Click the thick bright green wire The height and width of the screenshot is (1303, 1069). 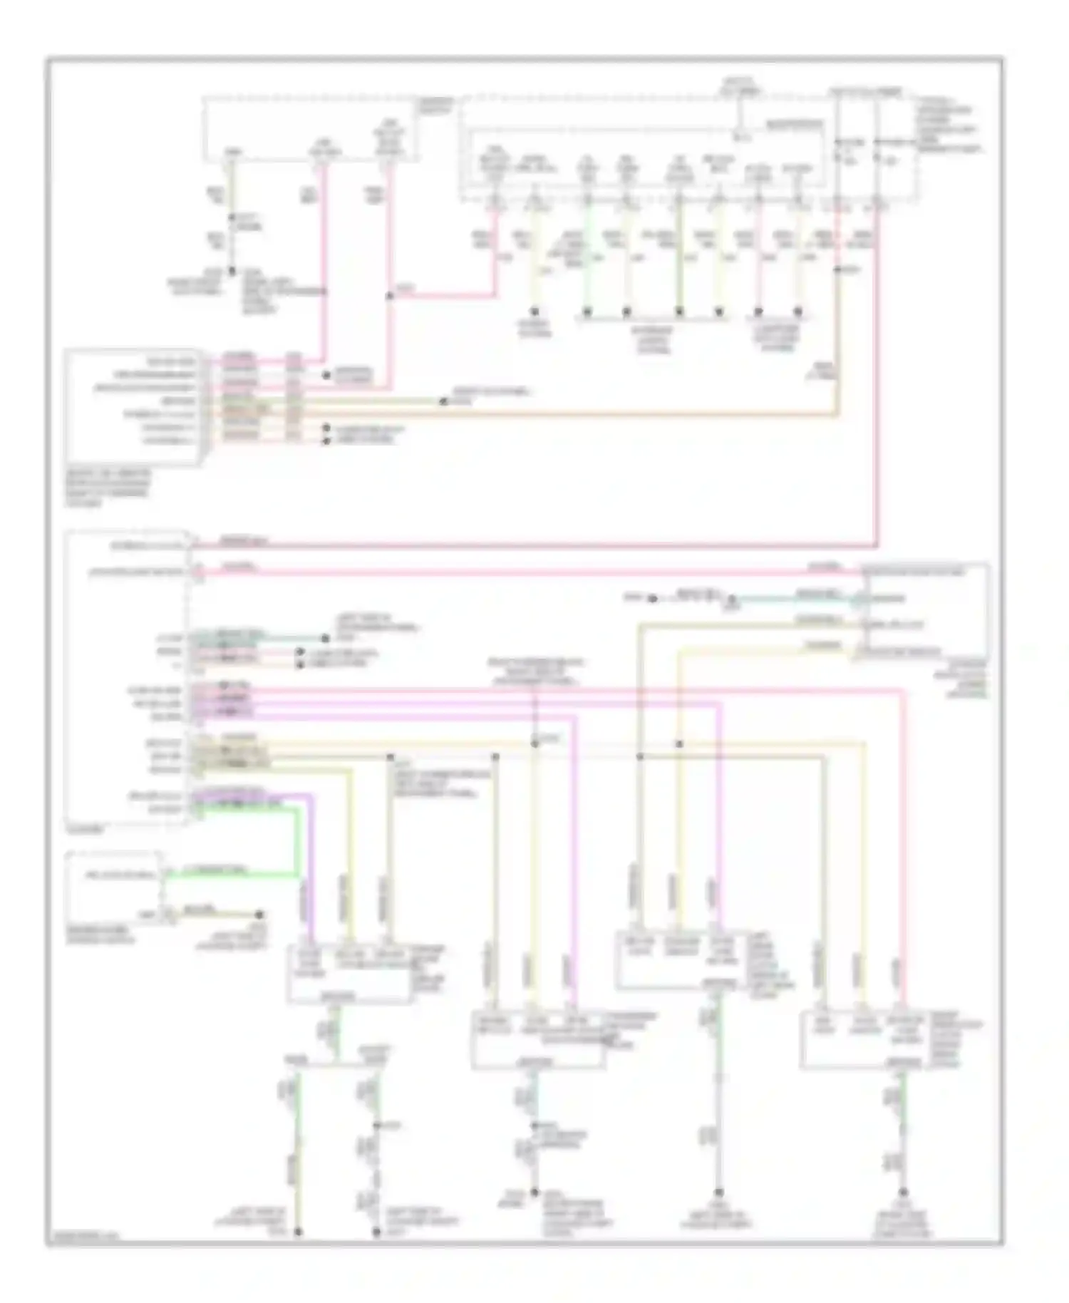(x=295, y=841)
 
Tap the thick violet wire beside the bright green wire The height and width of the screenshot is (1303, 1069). (x=311, y=855)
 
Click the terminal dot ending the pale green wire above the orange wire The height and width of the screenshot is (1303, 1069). (x=443, y=402)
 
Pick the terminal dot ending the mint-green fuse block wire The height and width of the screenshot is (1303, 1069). (x=587, y=311)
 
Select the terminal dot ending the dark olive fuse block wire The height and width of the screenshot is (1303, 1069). (x=679, y=311)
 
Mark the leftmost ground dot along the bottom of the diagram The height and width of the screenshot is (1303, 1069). (x=298, y=1231)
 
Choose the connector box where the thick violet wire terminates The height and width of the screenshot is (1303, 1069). (x=348, y=974)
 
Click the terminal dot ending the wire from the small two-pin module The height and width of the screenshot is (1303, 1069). (x=260, y=915)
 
